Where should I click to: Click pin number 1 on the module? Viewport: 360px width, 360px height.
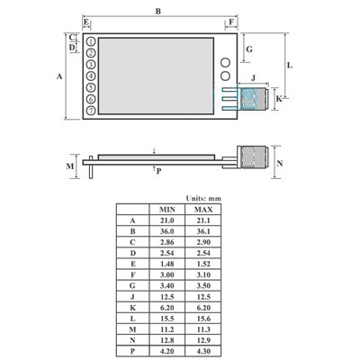click(91, 42)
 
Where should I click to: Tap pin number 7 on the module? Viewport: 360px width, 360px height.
click(91, 110)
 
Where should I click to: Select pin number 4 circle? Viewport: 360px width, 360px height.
click(91, 76)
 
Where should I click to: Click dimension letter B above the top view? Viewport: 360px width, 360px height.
click(158, 11)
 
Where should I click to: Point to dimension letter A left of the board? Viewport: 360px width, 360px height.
click(59, 76)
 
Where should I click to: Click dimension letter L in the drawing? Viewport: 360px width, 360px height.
click(289, 67)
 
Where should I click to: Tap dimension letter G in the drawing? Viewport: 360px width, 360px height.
click(249, 48)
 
